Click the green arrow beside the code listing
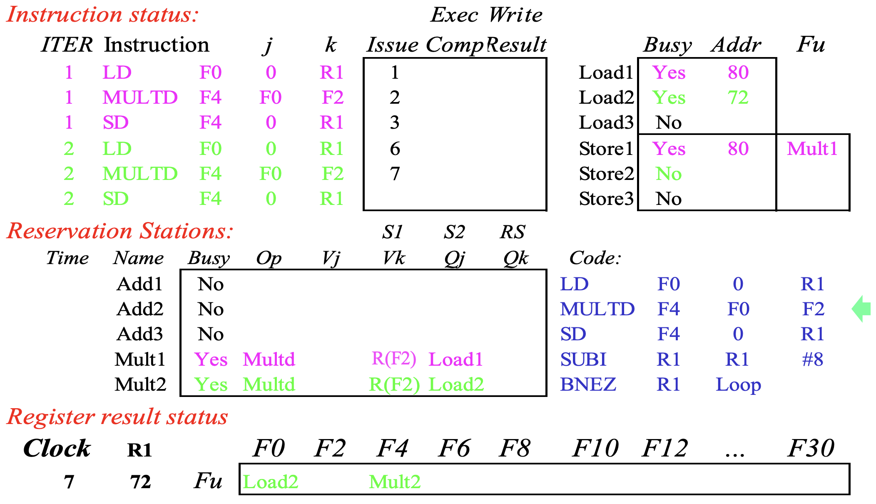click(861, 309)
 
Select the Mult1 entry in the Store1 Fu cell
click(812, 149)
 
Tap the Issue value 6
click(395, 149)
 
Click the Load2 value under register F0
click(271, 482)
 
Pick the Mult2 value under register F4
click(395, 482)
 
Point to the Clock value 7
click(69, 482)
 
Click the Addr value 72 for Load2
click(738, 97)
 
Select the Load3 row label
click(606, 122)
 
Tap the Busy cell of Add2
click(211, 309)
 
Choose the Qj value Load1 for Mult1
click(455, 359)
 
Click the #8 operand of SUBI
click(813, 359)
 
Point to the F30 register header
click(811, 448)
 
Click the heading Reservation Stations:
click(120, 231)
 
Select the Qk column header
click(515, 259)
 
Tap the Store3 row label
click(606, 199)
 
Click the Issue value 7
click(395, 174)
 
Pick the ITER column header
click(67, 45)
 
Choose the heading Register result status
click(117, 417)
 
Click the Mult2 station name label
click(140, 384)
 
